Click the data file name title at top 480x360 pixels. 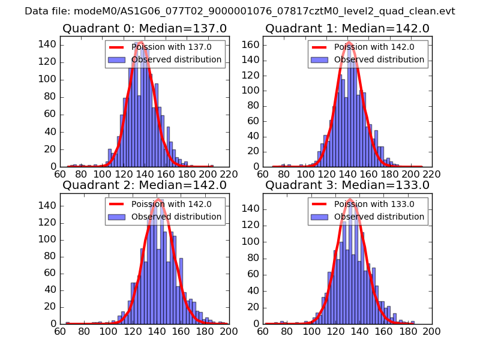(x=240, y=11)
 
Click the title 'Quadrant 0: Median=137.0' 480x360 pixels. (x=145, y=28)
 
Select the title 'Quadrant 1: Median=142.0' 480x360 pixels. (x=347, y=28)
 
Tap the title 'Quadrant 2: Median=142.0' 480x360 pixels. (x=145, y=185)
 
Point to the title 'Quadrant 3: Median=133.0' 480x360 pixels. (x=347, y=185)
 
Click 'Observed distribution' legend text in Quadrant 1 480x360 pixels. (x=379, y=60)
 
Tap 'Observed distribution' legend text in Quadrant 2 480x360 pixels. (x=176, y=217)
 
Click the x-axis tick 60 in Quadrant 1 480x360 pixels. (x=263, y=174)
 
